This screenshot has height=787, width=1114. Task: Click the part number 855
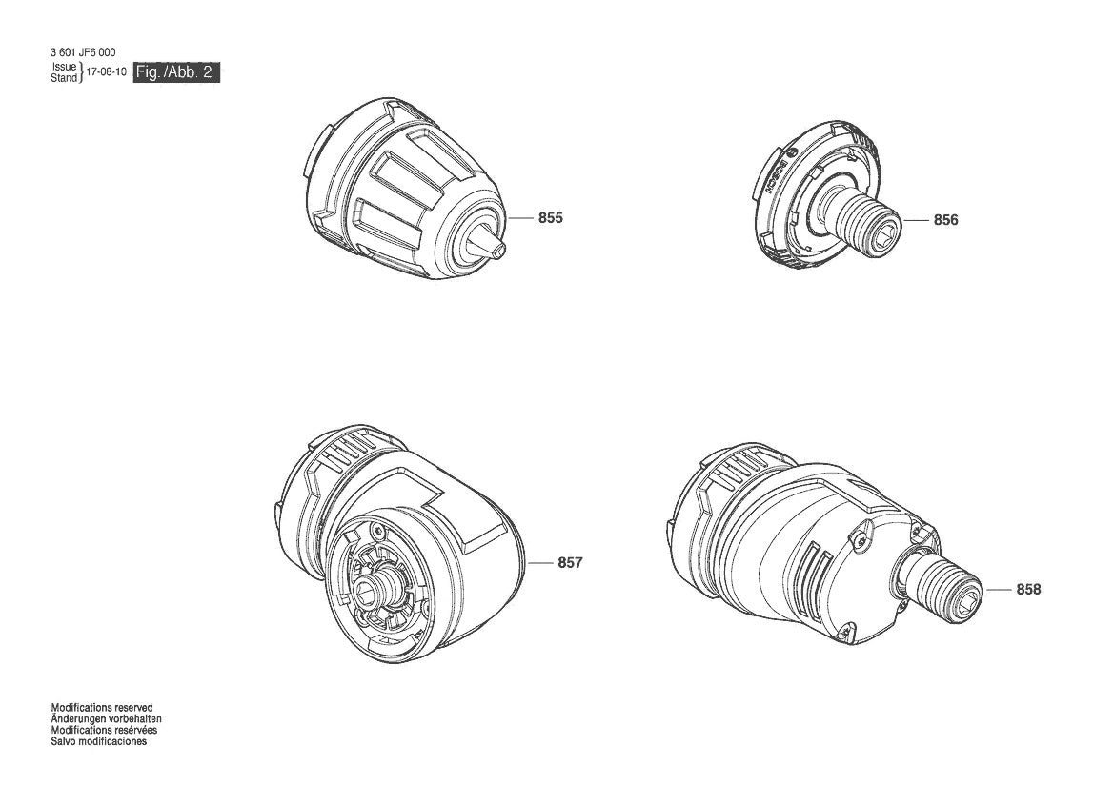click(550, 218)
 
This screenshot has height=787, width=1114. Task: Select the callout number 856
click(945, 220)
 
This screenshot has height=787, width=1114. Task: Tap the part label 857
click(569, 563)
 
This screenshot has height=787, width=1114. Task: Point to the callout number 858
click(1028, 590)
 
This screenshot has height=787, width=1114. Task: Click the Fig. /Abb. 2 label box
click(177, 72)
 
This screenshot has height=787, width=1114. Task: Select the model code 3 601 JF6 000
click(84, 52)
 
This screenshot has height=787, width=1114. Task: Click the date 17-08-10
click(106, 72)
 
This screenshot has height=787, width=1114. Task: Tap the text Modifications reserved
click(101, 708)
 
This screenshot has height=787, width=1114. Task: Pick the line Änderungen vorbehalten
click(106, 719)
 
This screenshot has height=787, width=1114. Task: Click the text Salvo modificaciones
click(99, 741)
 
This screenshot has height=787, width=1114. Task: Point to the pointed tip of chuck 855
click(499, 245)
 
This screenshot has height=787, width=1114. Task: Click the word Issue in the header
click(64, 67)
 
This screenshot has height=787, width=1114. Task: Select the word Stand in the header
click(64, 78)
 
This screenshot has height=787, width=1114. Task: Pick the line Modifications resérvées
click(104, 730)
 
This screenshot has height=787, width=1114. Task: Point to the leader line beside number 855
click(521, 218)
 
